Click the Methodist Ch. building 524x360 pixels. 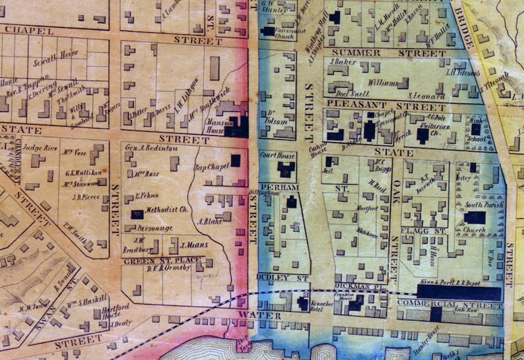point(137,214)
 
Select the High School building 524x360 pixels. point(475,130)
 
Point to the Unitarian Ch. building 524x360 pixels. point(423,136)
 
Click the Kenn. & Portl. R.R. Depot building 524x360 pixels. point(459,292)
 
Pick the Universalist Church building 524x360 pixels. point(268,31)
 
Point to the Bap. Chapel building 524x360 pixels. point(235,160)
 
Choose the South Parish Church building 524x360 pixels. point(475,217)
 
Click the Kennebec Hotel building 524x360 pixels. point(303,303)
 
